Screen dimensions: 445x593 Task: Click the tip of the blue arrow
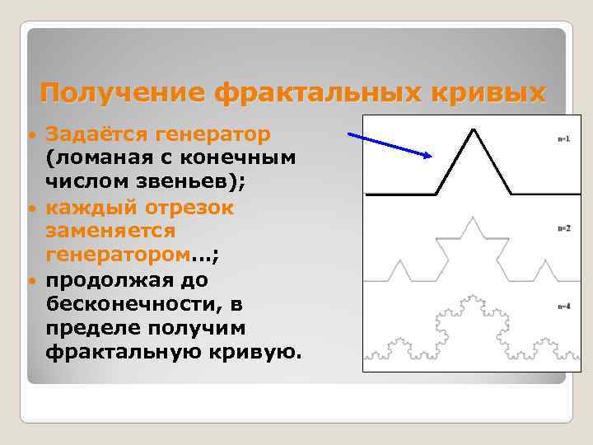click(432, 156)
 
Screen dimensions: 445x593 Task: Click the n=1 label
click(564, 138)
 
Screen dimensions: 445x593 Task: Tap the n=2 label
click(564, 227)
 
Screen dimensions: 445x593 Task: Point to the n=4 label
click(564, 307)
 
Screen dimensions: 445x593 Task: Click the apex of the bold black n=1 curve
click(473, 129)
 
